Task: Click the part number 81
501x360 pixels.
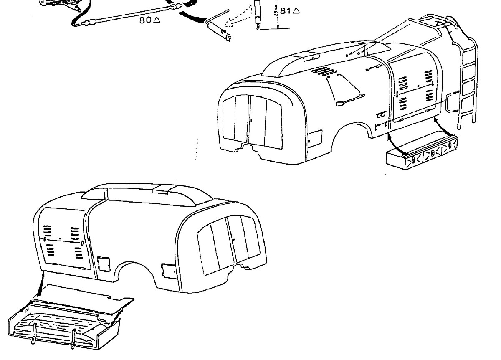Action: (x=285, y=11)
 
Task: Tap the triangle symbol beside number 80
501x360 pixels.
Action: (x=157, y=20)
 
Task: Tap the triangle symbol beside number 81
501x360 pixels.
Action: (x=296, y=11)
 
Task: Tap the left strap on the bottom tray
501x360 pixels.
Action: (x=34, y=334)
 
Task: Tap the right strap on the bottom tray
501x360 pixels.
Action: (x=74, y=336)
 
